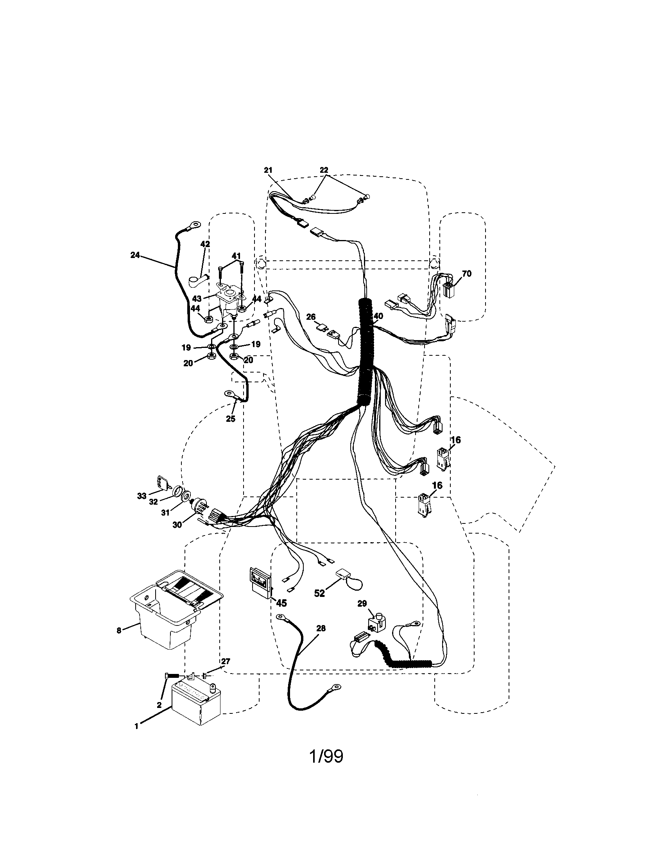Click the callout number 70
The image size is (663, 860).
coord(466,274)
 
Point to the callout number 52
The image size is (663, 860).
coord(319,593)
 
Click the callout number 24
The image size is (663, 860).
coord(135,255)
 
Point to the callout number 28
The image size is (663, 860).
coord(321,629)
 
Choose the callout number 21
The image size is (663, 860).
coord(268,170)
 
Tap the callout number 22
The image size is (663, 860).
coord(324,170)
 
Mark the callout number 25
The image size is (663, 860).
coord(230,419)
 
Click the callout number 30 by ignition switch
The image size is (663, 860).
coord(177,525)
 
